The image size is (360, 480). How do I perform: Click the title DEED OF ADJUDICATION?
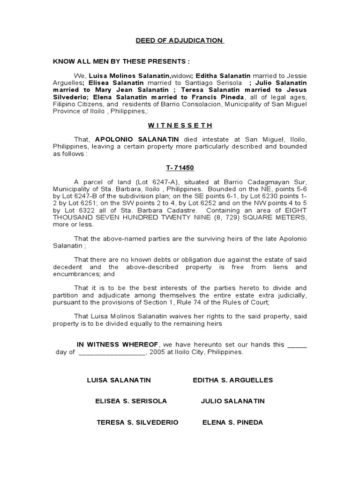pyautogui.click(x=180, y=41)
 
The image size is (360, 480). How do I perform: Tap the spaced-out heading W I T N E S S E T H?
pyautogui.click(x=180, y=126)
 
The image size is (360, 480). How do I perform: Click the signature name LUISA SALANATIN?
pyautogui.click(x=119, y=380)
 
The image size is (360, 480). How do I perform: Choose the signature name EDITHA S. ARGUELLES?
pyautogui.click(x=233, y=380)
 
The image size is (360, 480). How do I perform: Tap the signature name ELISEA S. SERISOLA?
pyautogui.click(x=131, y=401)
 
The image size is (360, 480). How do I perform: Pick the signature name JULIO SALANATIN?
pyautogui.click(x=233, y=401)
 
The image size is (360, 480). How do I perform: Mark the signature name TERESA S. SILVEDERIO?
pyautogui.click(x=137, y=422)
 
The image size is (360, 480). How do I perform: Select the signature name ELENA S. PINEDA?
pyautogui.click(x=232, y=422)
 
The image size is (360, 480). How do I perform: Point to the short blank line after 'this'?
pyautogui.click(x=297, y=345)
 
